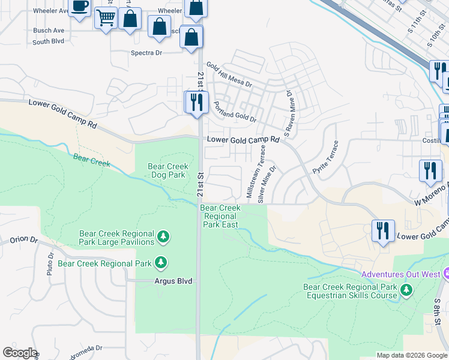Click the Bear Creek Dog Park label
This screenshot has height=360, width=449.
pyautogui.click(x=168, y=171)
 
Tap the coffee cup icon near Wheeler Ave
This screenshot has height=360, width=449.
pyautogui.click(x=79, y=7)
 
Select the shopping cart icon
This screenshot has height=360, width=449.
pyautogui.click(x=106, y=19)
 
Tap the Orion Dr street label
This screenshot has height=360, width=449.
pyautogui.click(x=23, y=241)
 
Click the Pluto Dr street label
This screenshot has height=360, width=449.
pyautogui.click(x=50, y=264)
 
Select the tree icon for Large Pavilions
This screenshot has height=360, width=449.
pyautogui.click(x=163, y=238)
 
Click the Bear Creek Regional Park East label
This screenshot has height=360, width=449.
pyautogui.click(x=220, y=216)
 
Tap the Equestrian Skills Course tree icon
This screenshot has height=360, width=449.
pyautogui.click(x=407, y=290)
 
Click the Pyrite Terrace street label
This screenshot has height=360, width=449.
pyautogui.click(x=325, y=158)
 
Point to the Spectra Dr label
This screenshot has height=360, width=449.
pyautogui.click(x=146, y=53)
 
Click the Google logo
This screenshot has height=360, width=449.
pyautogui.click(x=19, y=353)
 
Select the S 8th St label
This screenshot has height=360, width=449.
pyautogui.click(x=438, y=307)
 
